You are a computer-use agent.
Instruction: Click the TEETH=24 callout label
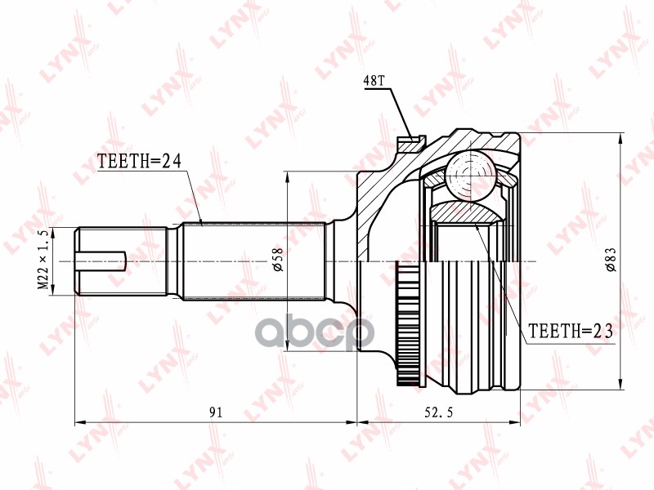click(139, 161)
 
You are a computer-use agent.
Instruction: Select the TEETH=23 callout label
click(571, 332)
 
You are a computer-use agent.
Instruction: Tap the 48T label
click(374, 81)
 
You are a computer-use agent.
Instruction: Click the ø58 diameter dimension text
click(278, 260)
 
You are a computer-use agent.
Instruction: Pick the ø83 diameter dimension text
click(611, 260)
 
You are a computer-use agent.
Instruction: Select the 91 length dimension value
click(216, 412)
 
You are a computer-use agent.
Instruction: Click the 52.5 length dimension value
click(438, 412)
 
